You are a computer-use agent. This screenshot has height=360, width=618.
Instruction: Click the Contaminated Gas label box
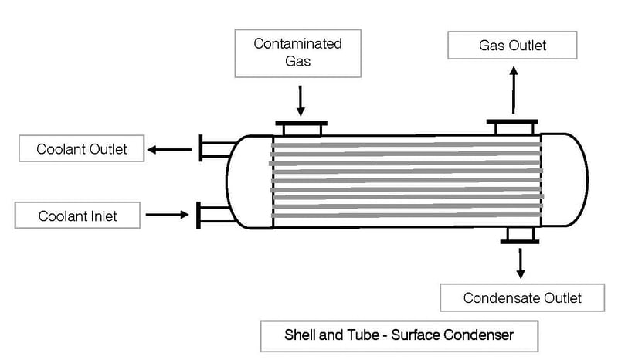(297, 53)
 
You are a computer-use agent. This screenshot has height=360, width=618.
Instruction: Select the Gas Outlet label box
(512, 46)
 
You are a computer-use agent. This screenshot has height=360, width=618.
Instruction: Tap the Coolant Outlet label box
(81, 148)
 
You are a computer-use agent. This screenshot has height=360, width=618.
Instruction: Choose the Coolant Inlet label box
(78, 216)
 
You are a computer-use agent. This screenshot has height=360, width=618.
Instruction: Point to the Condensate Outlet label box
(522, 297)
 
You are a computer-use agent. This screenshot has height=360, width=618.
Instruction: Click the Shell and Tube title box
(399, 335)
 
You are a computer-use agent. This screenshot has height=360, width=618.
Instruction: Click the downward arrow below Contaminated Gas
(301, 100)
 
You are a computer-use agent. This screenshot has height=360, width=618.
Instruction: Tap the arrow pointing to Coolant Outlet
(171, 148)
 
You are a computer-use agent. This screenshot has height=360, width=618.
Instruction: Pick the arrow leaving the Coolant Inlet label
(167, 214)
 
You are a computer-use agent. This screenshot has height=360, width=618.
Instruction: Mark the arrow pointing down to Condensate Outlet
(521, 263)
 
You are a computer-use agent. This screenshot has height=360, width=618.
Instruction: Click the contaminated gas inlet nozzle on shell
(301, 127)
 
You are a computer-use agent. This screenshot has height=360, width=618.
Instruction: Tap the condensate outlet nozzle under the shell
(520, 236)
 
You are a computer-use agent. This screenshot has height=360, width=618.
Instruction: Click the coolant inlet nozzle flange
(201, 214)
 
